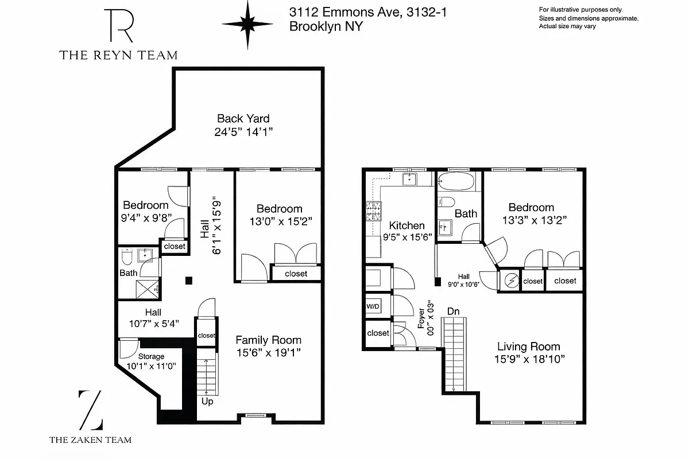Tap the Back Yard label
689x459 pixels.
pos(243,119)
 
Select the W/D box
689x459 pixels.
pos(373,306)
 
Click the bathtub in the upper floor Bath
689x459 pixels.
pos(456,183)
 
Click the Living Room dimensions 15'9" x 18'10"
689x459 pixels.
pos(528,360)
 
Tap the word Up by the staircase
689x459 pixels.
pos(207,402)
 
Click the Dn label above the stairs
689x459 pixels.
pos(454,312)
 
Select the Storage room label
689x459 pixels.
pos(150,357)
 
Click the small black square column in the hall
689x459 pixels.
pos(188,280)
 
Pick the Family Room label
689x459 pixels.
pos(268,340)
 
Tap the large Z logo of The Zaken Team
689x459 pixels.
pos(91,410)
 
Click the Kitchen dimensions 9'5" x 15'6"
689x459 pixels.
pos(407,236)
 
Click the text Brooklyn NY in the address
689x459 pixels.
pos(326,26)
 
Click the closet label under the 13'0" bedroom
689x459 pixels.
pos(296,274)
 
